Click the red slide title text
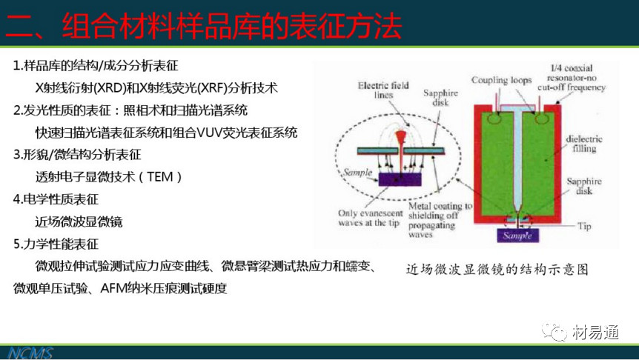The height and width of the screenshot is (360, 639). pyautogui.click(x=204, y=26)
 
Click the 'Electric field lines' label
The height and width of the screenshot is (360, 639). pyautogui.click(x=383, y=90)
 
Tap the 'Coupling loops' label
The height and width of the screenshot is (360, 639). pyautogui.click(x=501, y=80)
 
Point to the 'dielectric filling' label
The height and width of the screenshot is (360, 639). pyautogui.click(x=584, y=144)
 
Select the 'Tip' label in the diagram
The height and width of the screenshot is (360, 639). pyautogui.click(x=584, y=226)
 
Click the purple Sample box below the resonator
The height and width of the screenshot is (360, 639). pyautogui.click(x=517, y=236)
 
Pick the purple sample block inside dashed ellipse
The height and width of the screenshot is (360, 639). pyautogui.click(x=400, y=179)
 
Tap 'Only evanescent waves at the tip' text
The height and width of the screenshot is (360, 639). pyautogui.click(x=370, y=218)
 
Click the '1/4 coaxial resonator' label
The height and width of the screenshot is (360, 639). pyautogui.click(x=572, y=77)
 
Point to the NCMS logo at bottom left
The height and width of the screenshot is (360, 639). pyautogui.click(x=30, y=353)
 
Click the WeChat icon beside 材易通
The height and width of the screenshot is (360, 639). pyautogui.click(x=554, y=332)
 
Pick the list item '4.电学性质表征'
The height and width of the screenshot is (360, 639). pyautogui.click(x=56, y=199)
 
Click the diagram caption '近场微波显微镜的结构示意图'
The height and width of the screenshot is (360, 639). pyautogui.click(x=497, y=269)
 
